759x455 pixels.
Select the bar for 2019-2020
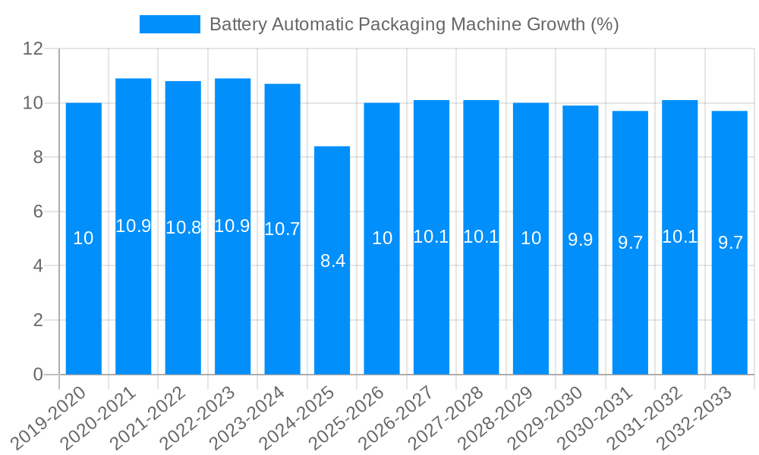pyautogui.click(x=83, y=238)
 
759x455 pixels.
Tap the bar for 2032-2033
pyautogui.click(x=729, y=243)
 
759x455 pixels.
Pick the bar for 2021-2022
pyautogui.click(x=183, y=227)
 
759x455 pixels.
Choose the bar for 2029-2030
pyautogui.click(x=581, y=240)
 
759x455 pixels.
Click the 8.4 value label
pyautogui.click(x=332, y=262)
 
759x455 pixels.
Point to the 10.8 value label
pyautogui.click(x=183, y=227)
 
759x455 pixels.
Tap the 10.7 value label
pyautogui.click(x=282, y=229)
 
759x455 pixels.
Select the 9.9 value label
pyautogui.click(x=581, y=240)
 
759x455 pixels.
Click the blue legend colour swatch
pyautogui.click(x=169, y=24)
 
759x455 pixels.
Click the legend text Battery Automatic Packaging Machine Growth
pyautogui.click(x=414, y=24)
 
